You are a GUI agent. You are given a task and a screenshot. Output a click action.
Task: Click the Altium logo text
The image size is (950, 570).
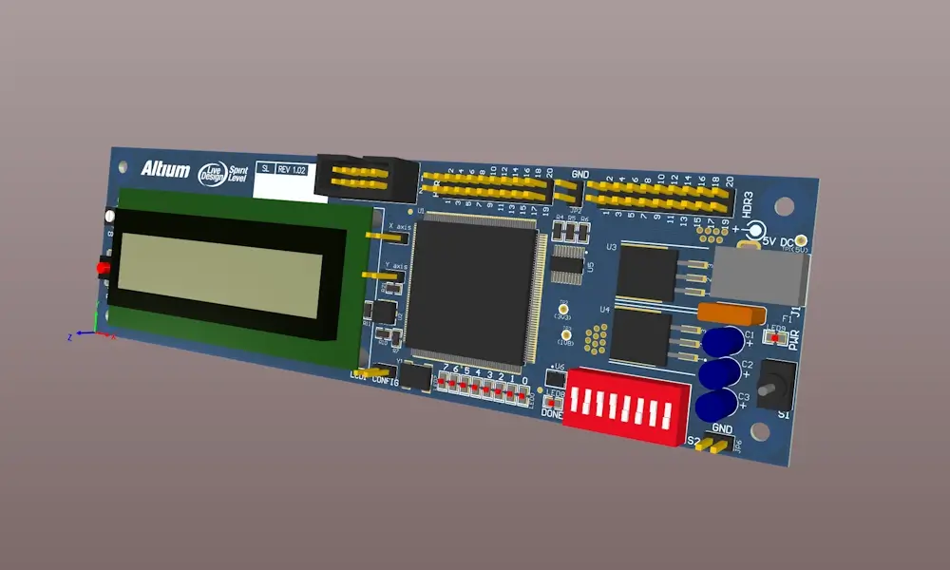(x=165, y=169)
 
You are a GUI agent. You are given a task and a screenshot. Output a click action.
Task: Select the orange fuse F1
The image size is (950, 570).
(x=731, y=313)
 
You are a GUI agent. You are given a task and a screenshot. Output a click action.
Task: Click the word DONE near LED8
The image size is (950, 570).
(x=552, y=413)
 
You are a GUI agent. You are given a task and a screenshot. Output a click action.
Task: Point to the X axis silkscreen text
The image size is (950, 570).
(x=399, y=227)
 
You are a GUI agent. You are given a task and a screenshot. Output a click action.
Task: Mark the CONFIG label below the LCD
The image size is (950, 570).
(x=385, y=381)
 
